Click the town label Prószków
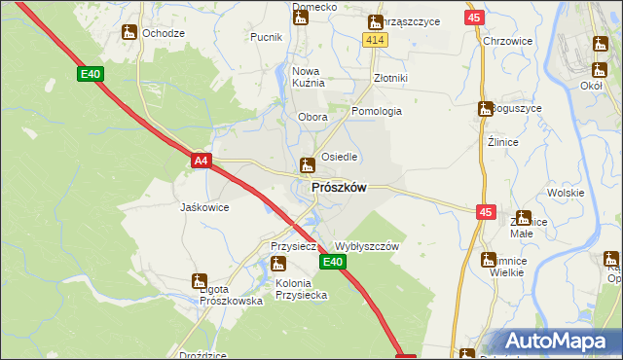(x=339, y=188)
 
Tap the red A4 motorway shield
(x=201, y=161)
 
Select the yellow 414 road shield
(x=376, y=39)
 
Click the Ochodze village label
(x=164, y=33)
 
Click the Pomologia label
(x=377, y=111)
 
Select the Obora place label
(x=312, y=118)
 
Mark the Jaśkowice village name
(x=204, y=207)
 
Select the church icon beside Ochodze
(x=128, y=32)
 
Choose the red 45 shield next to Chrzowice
(x=474, y=18)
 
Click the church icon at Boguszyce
(x=484, y=109)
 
